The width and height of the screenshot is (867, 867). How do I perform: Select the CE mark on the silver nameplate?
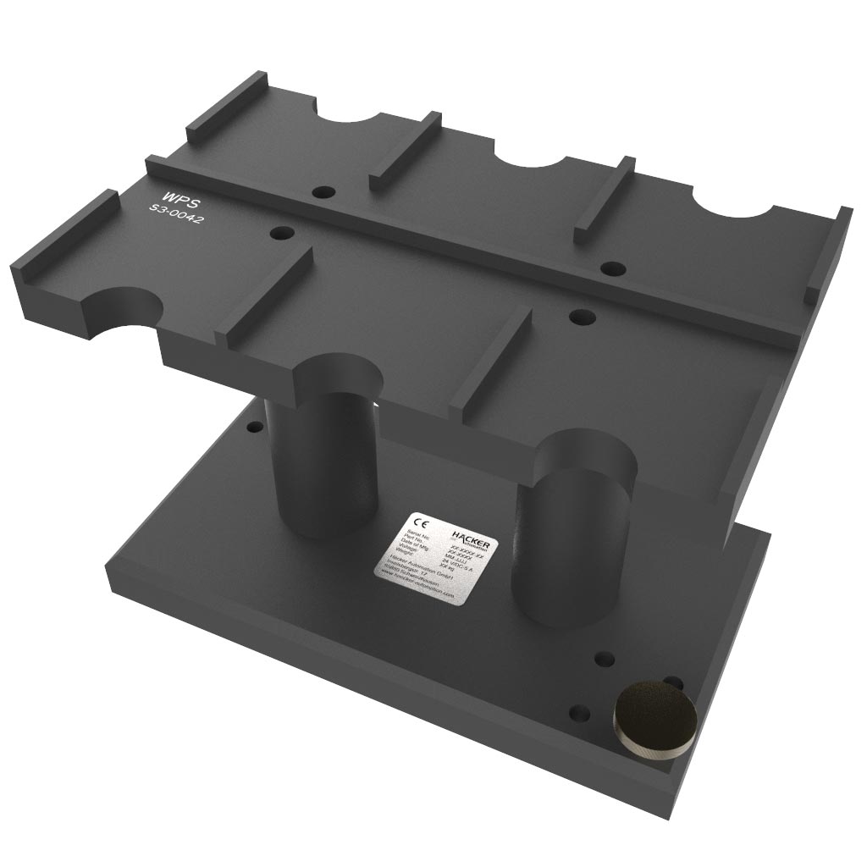point(416,522)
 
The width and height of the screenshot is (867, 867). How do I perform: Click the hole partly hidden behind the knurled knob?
point(674,682)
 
